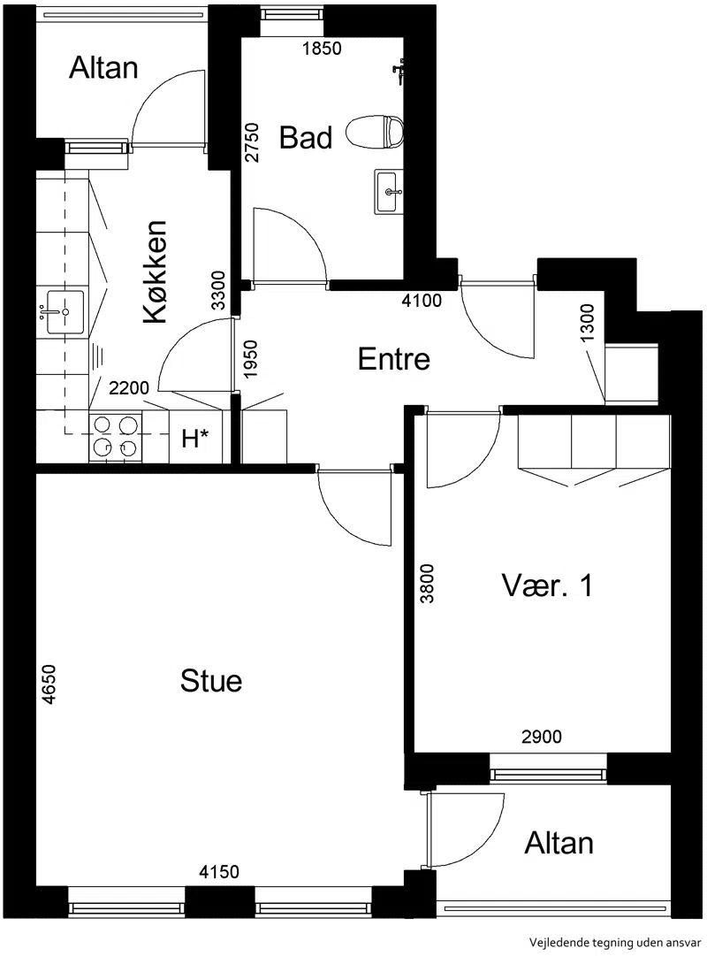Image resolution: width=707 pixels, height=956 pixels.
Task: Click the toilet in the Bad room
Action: click(x=376, y=132)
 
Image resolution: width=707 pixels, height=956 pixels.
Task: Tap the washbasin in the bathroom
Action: click(x=388, y=191)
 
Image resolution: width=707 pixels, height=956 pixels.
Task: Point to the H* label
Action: click(x=195, y=437)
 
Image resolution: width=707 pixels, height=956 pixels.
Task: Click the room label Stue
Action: click(x=211, y=680)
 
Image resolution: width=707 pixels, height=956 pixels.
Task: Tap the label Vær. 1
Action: click(x=547, y=585)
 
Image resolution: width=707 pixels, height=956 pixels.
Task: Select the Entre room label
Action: click(x=394, y=358)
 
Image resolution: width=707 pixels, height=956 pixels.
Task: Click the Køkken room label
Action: click(x=155, y=272)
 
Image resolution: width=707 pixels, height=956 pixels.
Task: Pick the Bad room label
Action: click(x=306, y=137)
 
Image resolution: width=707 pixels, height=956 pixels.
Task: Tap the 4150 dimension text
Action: click(x=219, y=872)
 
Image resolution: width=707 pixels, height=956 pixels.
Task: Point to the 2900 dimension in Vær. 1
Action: click(x=541, y=737)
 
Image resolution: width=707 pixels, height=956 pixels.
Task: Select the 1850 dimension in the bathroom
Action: click(x=322, y=48)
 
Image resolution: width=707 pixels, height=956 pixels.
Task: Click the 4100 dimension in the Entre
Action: click(x=422, y=300)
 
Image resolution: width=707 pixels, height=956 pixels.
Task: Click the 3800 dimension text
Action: click(x=427, y=584)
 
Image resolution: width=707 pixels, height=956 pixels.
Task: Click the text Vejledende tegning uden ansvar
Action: click(x=615, y=943)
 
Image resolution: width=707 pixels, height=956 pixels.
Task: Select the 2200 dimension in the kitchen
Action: click(x=129, y=387)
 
